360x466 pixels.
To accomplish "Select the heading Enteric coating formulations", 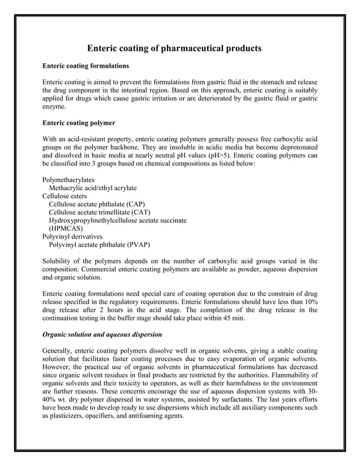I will click(x=86, y=66).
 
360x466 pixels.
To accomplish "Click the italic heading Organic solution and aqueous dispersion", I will click(x=102, y=334).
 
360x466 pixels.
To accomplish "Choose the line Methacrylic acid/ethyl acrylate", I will click(x=93, y=187).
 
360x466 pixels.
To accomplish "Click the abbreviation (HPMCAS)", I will click(x=66, y=228).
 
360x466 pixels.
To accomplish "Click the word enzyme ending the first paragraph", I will click(x=55, y=107).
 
